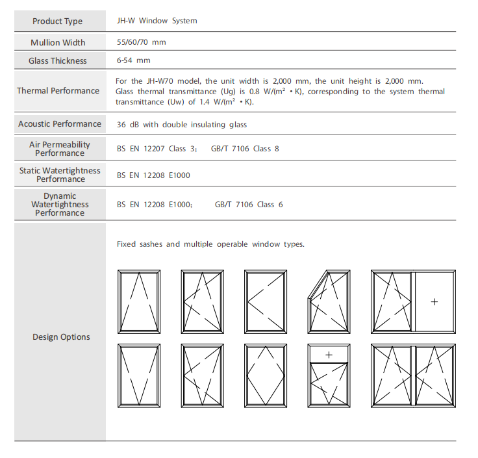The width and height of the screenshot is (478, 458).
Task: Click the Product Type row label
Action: (x=57, y=21)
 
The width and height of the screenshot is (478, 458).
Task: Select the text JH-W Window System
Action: (x=157, y=21)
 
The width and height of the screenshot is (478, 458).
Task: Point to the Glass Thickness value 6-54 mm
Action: (x=133, y=60)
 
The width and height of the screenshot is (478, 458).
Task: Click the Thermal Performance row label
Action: (x=58, y=91)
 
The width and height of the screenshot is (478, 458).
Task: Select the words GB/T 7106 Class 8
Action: (x=245, y=149)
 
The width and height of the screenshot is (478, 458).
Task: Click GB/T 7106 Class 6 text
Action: (x=249, y=205)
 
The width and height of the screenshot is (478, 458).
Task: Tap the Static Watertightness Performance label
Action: (x=60, y=175)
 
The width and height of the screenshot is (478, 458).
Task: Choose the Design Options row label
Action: (x=61, y=337)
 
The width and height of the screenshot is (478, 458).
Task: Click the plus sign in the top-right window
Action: (x=434, y=301)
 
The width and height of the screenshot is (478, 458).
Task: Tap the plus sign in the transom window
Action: (x=329, y=355)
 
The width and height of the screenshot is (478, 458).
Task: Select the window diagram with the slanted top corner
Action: (x=329, y=301)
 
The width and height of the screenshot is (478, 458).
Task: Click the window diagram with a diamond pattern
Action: (x=266, y=376)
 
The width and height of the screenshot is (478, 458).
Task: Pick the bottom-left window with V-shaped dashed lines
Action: (x=139, y=376)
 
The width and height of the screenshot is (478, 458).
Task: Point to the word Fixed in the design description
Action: (x=127, y=244)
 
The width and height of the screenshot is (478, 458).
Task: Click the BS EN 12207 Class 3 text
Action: (x=151, y=149)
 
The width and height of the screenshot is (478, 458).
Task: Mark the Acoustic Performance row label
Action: (x=60, y=124)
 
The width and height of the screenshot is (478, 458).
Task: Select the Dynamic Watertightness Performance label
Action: (x=60, y=205)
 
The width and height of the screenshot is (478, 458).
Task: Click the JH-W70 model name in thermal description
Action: (x=160, y=81)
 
